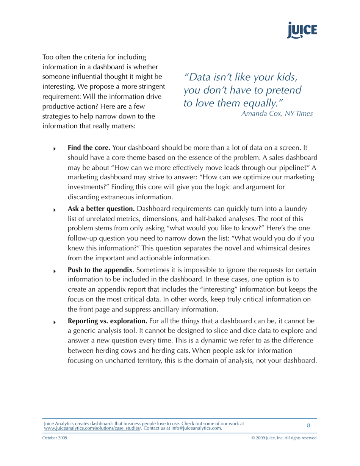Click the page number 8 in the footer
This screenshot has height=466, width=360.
point(308,425)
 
